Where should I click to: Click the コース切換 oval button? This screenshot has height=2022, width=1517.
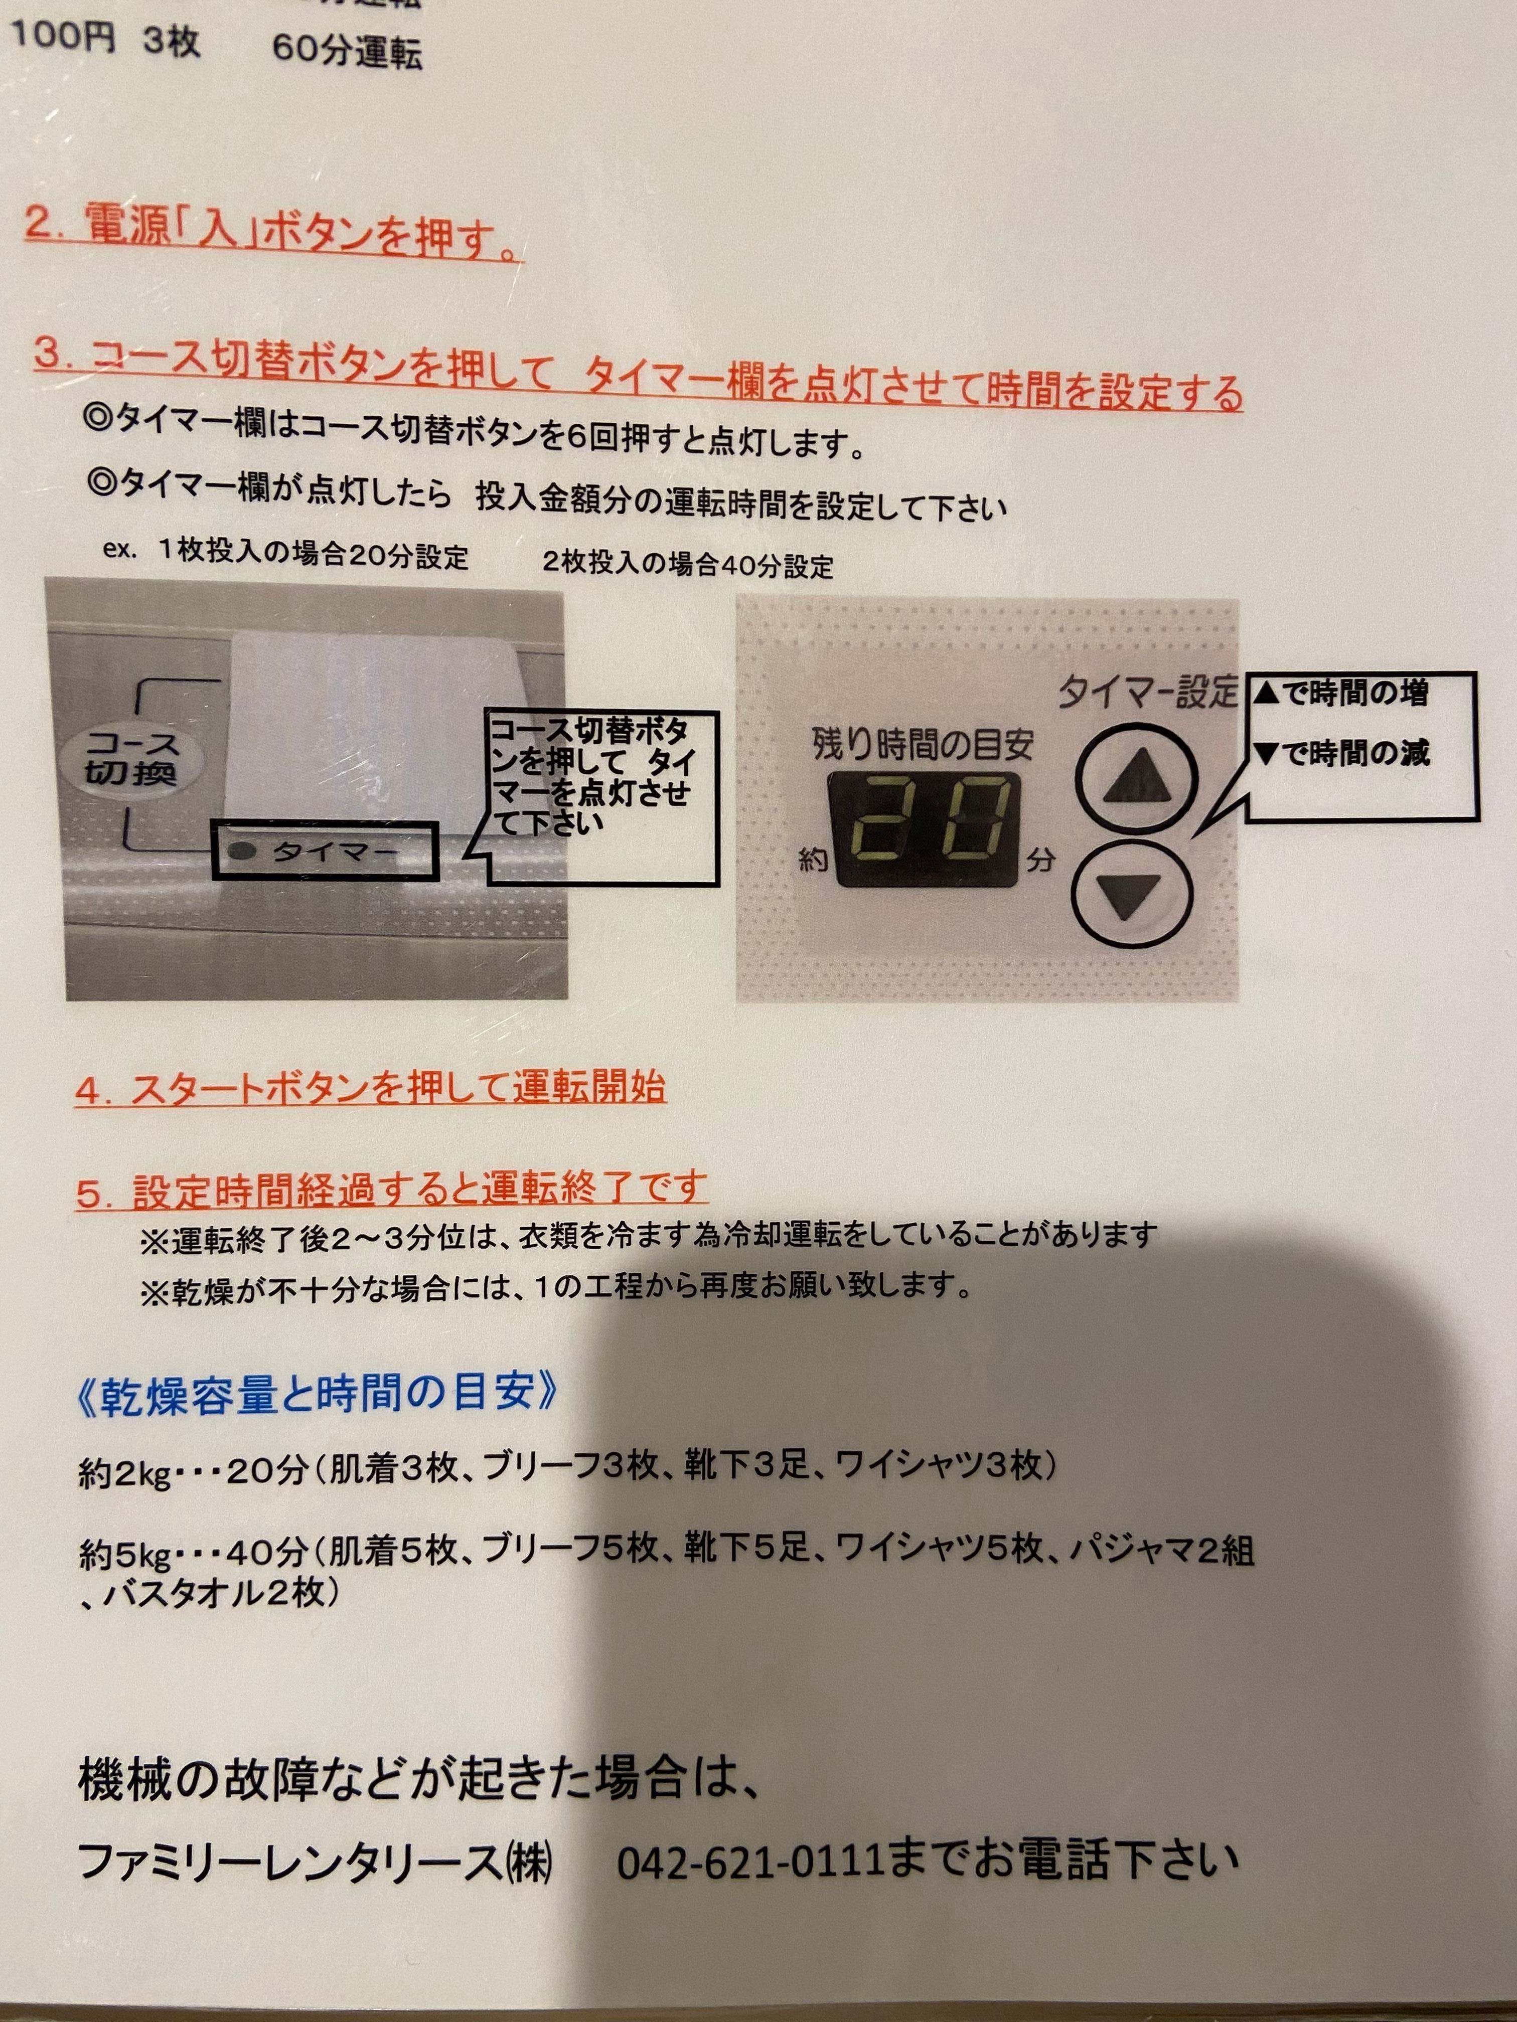tap(131, 759)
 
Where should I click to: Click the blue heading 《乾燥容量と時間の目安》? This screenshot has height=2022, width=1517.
tap(318, 1396)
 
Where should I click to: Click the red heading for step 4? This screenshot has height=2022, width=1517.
tap(370, 1088)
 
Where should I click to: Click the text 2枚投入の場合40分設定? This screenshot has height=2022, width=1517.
tap(688, 564)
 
